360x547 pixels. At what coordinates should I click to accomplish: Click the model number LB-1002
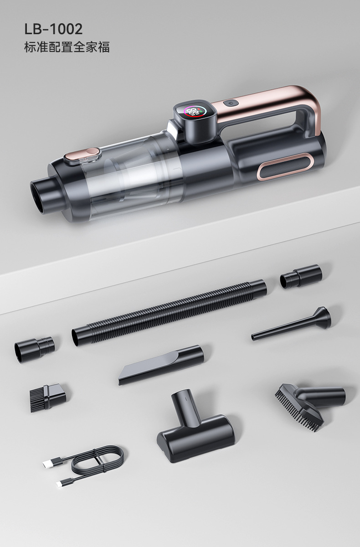pos(53,29)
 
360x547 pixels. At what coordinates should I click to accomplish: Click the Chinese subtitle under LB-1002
pos(67,47)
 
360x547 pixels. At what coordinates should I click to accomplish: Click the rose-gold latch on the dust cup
pos(83,155)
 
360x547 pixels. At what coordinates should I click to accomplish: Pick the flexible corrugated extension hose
pos(169,313)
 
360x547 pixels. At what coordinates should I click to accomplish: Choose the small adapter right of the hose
pos(301,276)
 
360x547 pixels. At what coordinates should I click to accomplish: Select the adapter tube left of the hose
pos(35,349)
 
